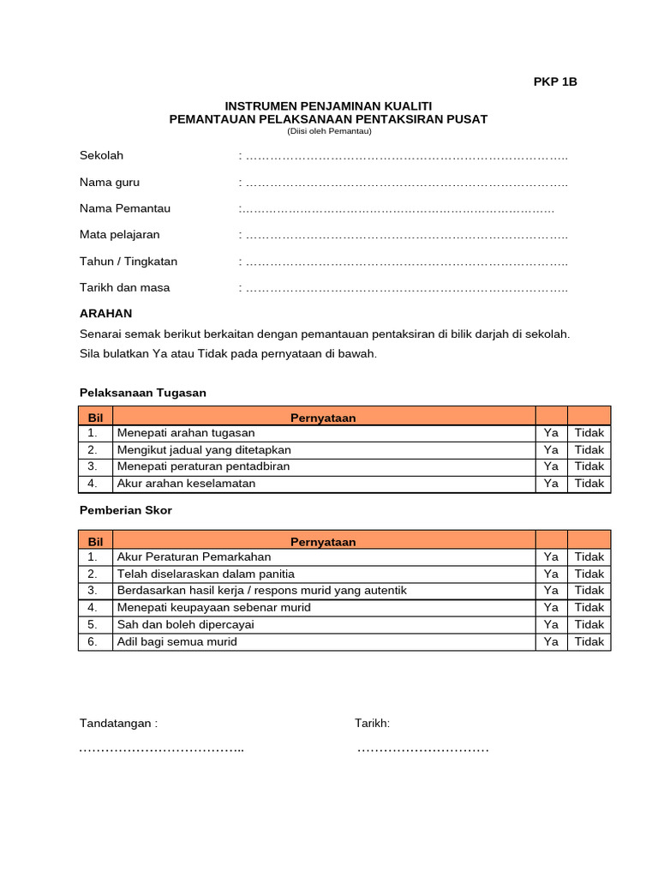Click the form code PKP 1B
555,82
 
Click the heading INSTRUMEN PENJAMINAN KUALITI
328,105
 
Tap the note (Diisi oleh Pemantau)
328,131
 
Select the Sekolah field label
102,155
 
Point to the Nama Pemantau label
125,208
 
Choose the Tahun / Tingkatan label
129,262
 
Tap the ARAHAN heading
105,314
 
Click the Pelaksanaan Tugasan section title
143,393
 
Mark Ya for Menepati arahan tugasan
551,433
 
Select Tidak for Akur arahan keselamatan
589,484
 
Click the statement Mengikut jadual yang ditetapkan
204,450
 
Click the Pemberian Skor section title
126,510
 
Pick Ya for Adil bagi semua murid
551,641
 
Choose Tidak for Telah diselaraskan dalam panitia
589,574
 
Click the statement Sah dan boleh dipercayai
186,624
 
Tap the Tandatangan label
118,724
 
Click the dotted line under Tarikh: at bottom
422,749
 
